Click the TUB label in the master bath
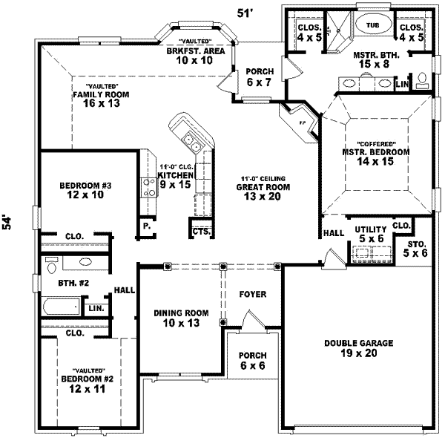tap(372, 25)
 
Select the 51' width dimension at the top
tap(244, 12)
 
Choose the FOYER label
tap(252, 295)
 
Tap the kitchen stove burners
tap(148, 186)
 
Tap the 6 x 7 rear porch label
tap(258, 76)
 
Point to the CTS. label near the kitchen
tap(200, 232)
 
